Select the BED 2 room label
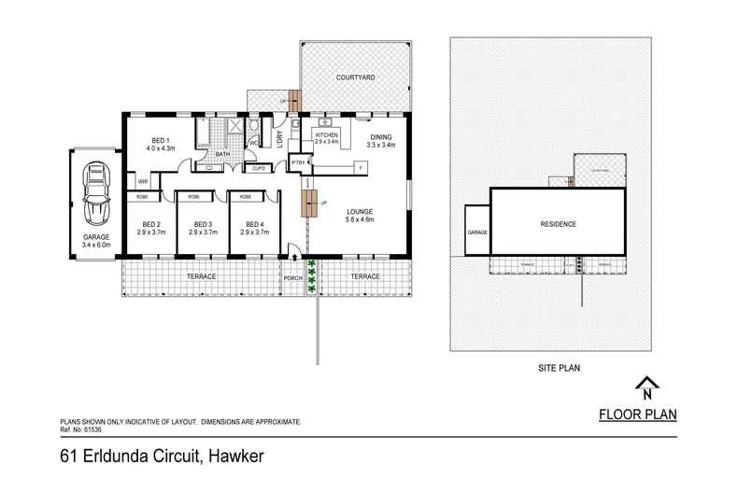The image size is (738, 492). click(151, 224)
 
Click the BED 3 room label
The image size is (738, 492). click(203, 224)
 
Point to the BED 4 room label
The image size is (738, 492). click(255, 224)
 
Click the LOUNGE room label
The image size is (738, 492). click(360, 211)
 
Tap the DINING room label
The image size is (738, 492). click(380, 137)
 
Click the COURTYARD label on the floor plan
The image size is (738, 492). click(356, 76)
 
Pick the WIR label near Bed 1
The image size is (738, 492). click(144, 181)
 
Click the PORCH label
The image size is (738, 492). click(293, 277)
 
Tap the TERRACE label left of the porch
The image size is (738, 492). click(201, 277)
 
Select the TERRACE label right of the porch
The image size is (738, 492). click(364, 277)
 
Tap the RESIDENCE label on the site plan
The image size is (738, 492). click(558, 224)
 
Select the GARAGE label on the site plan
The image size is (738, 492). click(477, 232)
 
